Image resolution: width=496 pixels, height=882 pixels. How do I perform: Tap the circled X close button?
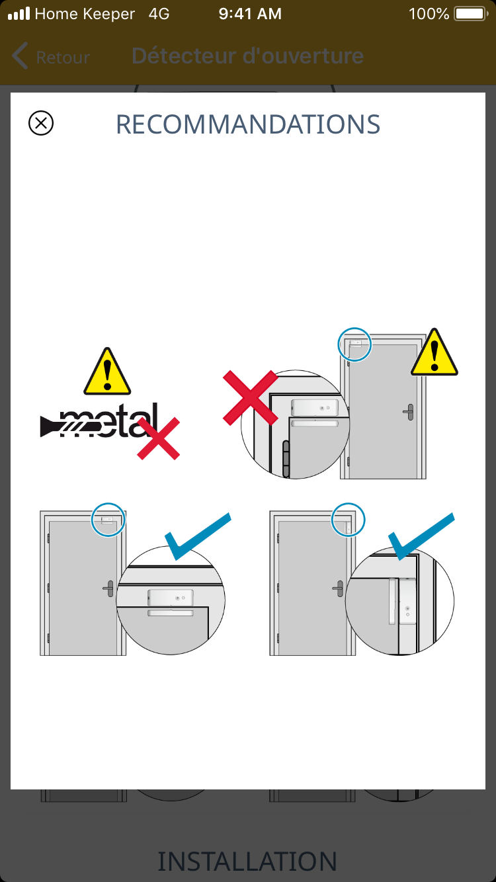[x=41, y=123]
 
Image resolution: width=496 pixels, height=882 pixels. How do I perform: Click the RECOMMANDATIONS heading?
[x=248, y=124]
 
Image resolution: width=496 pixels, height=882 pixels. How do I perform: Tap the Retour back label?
[x=63, y=58]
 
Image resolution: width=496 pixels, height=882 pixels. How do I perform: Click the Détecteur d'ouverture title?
[x=247, y=56]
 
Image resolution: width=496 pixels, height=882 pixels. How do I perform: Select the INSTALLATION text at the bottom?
[x=247, y=861]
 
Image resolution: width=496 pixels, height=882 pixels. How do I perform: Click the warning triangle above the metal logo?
[x=107, y=372]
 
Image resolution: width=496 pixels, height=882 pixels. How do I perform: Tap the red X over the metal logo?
[x=158, y=438]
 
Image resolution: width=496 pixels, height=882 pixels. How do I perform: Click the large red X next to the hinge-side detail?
[x=251, y=397]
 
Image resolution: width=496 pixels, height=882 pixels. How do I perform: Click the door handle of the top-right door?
[x=409, y=413]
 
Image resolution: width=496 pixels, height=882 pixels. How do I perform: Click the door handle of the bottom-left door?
[x=108, y=588]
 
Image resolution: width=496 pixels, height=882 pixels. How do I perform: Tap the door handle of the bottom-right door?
[x=338, y=588]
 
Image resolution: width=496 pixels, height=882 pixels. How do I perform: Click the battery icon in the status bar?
[x=471, y=14]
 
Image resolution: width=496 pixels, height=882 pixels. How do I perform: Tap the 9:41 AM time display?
[x=250, y=14]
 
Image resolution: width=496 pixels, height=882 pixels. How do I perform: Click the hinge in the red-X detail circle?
[x=286, y=459]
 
